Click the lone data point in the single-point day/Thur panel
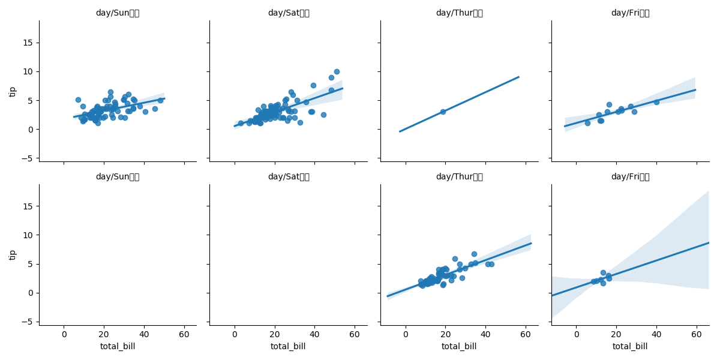[443, 112]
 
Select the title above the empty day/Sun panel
[118, 177]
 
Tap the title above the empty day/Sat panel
[289, 177]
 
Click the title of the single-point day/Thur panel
[459, 13]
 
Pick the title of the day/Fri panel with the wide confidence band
[630, 177]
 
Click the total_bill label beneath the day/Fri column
[630, 346]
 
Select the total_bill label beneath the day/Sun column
[118, 346]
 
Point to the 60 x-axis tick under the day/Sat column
[355, 334]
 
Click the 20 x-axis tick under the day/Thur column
[445, 334]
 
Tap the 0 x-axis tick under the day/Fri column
[576, 334]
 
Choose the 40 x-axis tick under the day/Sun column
[144, 334]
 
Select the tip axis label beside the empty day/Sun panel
[13, 254]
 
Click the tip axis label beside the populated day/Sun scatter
[13, 91]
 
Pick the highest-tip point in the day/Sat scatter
[337, 71]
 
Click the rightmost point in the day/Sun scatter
[160, 100]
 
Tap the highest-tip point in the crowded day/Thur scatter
[474, 254]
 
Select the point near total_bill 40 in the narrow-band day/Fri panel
[656, 102]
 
